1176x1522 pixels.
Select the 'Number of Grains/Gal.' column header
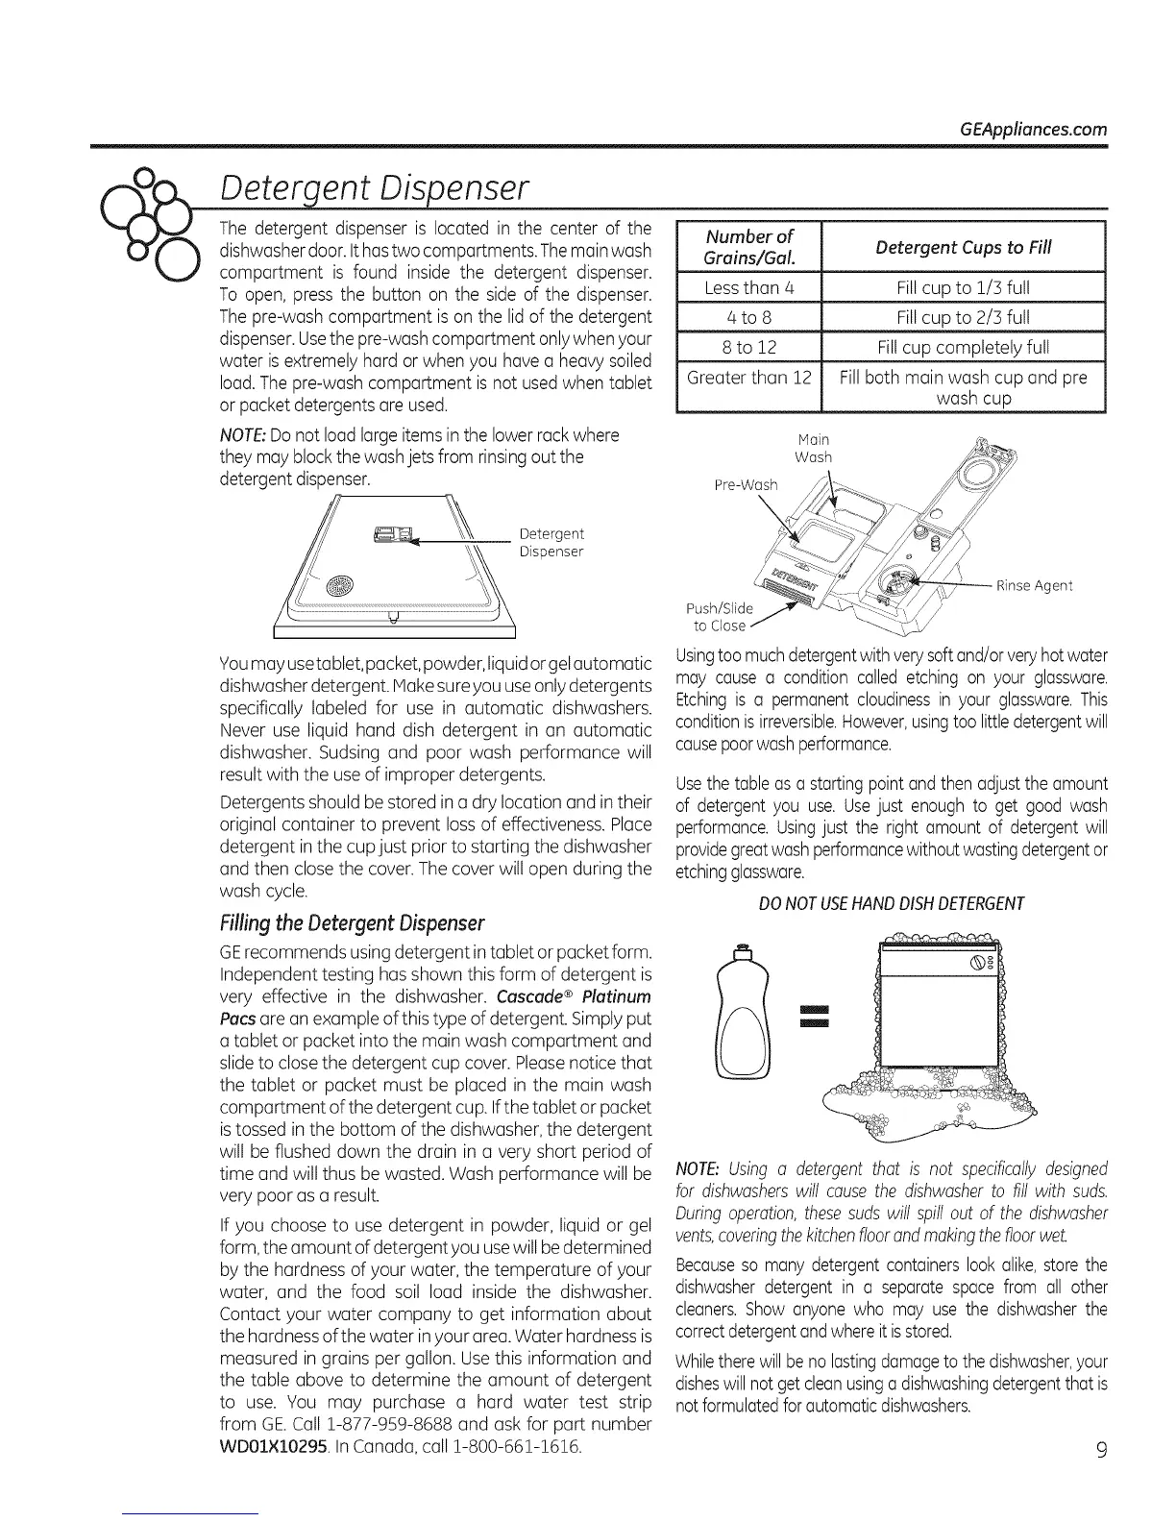pos(748,247)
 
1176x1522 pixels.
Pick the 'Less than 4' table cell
pos(748,287)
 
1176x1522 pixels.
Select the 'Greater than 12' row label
pos(748,377)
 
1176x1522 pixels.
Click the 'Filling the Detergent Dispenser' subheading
pos(352,923)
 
